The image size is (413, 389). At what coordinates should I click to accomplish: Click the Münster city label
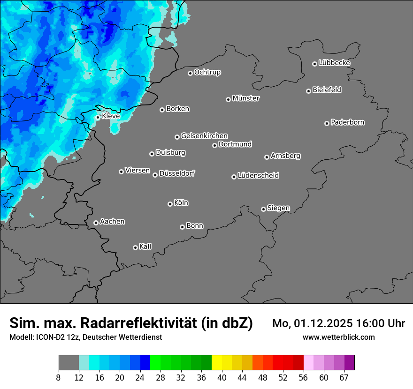246,98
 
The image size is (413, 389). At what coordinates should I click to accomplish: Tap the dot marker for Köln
170,204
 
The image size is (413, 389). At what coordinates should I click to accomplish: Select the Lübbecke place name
334,63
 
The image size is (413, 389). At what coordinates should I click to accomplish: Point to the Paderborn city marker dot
327,123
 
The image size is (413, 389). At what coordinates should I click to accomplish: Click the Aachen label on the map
112,222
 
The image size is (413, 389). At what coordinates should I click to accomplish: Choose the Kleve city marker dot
98,117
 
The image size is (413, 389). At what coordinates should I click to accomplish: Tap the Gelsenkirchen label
204,136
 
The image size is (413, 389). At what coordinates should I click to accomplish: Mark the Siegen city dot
263,209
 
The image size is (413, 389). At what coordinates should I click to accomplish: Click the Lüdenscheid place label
258,176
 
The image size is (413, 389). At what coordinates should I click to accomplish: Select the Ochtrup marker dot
190,73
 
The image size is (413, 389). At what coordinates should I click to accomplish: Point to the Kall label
145,247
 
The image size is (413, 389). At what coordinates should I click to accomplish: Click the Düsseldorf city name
177,173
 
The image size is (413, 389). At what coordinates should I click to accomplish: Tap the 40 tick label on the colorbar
222,378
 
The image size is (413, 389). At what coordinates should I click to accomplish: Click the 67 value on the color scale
344,378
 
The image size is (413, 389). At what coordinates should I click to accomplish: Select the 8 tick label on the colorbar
59,378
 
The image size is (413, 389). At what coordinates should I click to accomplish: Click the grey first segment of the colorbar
69,363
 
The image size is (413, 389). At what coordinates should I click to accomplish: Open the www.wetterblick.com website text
338,337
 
